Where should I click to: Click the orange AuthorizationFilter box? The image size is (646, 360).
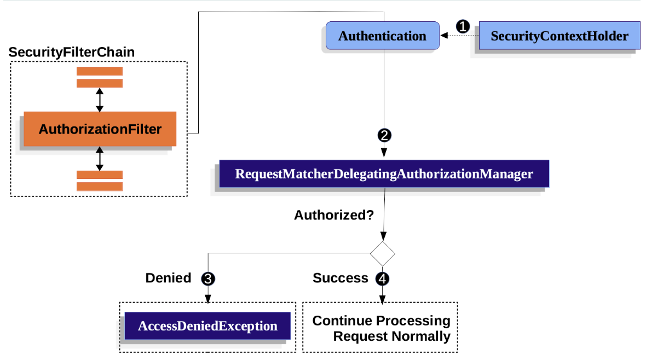pos(100,129)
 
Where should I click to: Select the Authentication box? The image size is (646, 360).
pos(382,36)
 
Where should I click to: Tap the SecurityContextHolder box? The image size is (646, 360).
pos(560,36)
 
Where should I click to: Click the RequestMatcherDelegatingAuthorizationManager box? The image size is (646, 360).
pos(384,174)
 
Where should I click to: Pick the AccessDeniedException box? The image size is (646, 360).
pos(207,326)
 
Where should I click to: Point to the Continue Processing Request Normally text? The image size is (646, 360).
pos(382,328)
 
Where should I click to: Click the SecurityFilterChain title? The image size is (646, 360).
pos(72,53)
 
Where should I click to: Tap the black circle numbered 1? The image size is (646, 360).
pos(463,26)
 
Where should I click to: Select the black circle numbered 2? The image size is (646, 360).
pos(384,135)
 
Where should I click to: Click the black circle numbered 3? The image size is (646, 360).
pos(208,279)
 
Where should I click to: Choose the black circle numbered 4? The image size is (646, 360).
pos(382,279)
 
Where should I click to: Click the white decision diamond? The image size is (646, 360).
pos(383,254)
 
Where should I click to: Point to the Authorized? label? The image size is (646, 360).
pos(334,215)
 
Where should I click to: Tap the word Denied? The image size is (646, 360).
pos(168,278)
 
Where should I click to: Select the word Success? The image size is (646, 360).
pos(341,278)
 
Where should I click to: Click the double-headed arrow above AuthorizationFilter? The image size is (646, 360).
pos(99,100)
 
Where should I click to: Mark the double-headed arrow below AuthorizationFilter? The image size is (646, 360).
pos(99,159)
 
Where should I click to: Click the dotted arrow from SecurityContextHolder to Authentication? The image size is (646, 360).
pos(459,36)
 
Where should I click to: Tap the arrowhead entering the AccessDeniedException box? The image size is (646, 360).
pos(208,299)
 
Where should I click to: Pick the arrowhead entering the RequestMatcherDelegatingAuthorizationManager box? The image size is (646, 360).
pos(384,153)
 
